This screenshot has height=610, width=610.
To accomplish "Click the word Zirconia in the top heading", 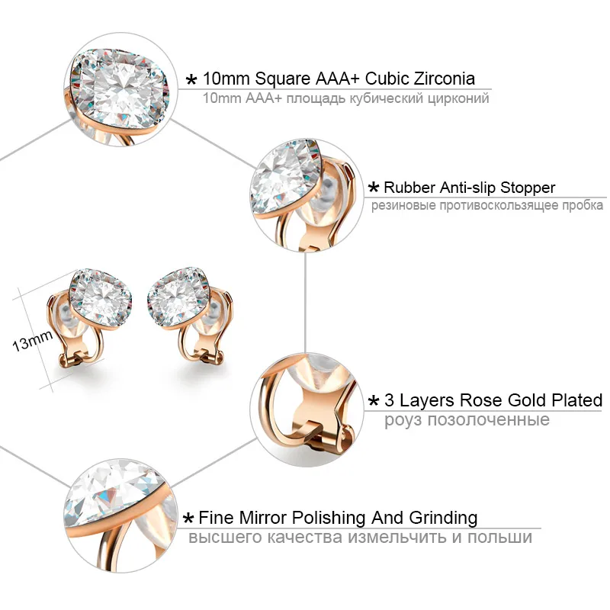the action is (x=438, y=78).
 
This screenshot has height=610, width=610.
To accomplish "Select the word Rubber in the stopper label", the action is (x=408, y=188).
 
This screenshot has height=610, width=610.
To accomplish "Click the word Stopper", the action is (x=526, y=188).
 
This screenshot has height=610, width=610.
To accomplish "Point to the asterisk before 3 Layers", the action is (x=374, y=402).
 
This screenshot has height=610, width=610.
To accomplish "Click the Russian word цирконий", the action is (x=458, y=98).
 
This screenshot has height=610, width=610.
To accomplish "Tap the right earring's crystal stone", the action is (x=183, y=294).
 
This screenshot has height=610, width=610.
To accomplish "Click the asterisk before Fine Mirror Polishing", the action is (x=188, y=519).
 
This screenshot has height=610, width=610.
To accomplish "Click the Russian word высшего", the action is (x=224, y=538).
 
